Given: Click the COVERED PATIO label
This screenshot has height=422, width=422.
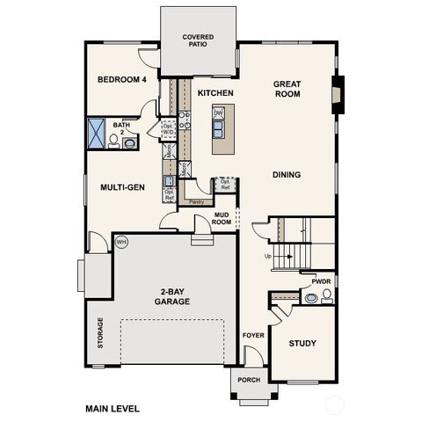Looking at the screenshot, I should pos(198,40).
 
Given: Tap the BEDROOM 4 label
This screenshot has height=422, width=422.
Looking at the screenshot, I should pos(120,80).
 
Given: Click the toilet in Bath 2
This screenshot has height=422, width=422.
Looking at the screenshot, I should pos(113,142).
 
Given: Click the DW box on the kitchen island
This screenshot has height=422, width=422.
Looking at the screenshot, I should pos(219,113).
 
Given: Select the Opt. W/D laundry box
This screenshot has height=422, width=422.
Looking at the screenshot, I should pos(168,128).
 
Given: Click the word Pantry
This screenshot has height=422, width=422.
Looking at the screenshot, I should pos(196,202).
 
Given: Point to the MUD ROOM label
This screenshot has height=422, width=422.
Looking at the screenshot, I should pos(222,219).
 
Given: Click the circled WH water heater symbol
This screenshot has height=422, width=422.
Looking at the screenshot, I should pos(121,241).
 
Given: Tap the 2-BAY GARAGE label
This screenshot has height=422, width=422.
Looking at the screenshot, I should pos(175,297).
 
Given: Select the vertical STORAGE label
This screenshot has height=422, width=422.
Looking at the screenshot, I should pos(100,333).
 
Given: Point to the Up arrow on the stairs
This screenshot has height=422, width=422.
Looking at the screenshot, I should pos(268,257).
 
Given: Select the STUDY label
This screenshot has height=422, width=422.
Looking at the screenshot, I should pos(302,343).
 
